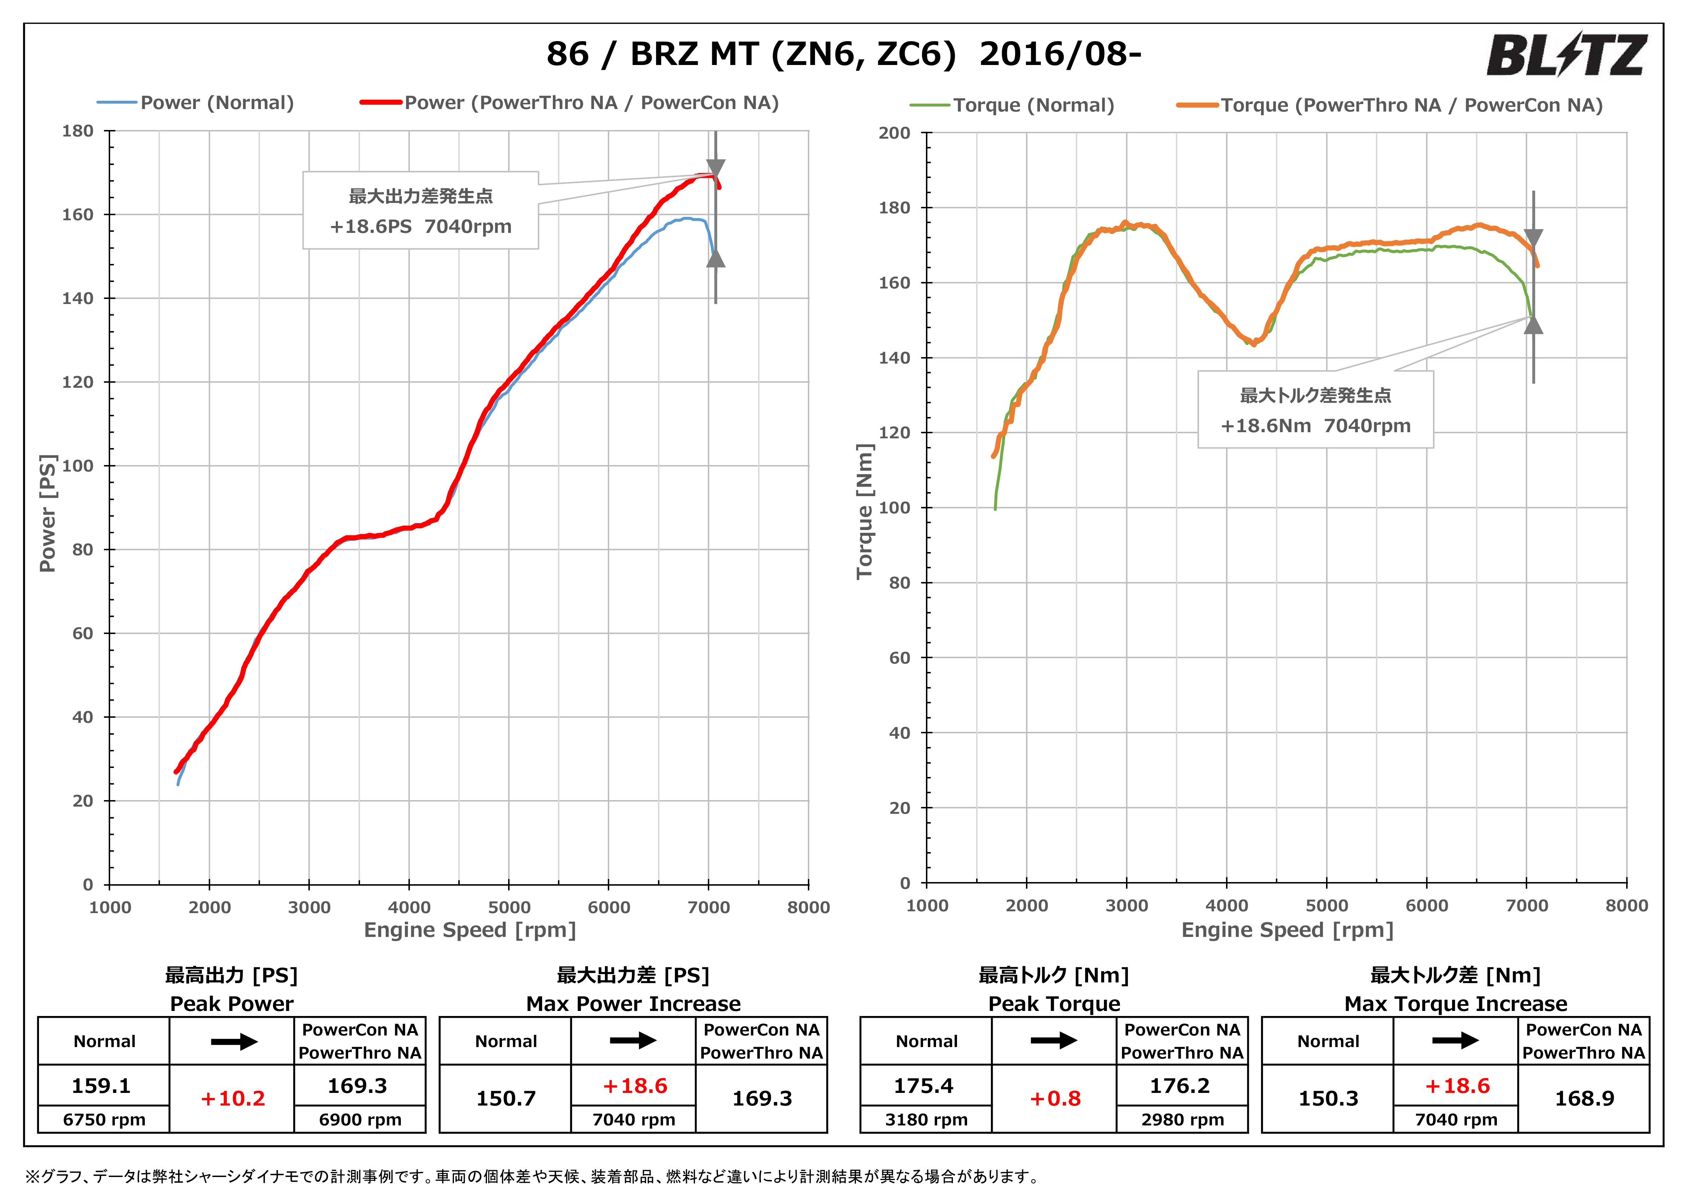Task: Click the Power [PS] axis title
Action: (48, 513)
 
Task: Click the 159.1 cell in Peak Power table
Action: (101, 1086)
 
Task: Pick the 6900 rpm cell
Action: (360, 1120)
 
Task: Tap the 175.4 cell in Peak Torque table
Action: (924, 1086)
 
